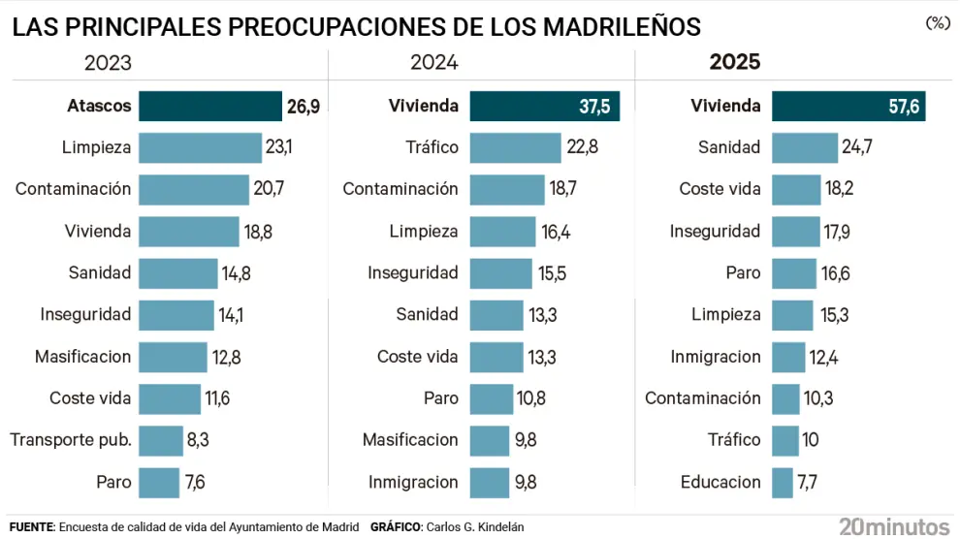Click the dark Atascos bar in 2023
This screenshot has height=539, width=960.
pyautogui.click(x=210, y=106)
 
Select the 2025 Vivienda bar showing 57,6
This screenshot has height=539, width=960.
pyautogui.click(x=848, y=107)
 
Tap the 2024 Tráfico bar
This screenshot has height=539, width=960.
pyautogui.click(x=516, y=148)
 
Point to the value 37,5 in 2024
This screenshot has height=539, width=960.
pyautogui.click(x=594, y=107)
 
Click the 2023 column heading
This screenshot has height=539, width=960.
pyautogui.click(x=108, y=63)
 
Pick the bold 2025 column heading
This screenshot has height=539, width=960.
pyautogui.click(x=735, y=63)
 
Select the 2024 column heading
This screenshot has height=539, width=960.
pyautogui.click(x=434, y=63)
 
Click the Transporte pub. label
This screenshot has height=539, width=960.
pyautogui.click(x=71, y=440)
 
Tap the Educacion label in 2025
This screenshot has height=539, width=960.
pyautogui.click(x=720, y=482)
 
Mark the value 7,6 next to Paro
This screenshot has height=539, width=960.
pyautogui.click(x=195, y=482)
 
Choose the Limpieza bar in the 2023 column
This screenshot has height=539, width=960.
pyautogui.click(x=200, y=148)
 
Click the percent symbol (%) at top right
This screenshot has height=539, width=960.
pyautogui.click(x=937, y=23)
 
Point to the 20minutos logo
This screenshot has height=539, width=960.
pyautogui.click(x=894, y=526)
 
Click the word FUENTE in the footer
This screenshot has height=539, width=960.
pyautogui.click(x=31, y=527)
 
